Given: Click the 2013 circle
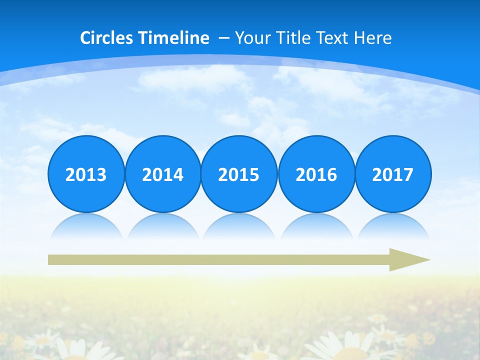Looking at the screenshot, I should pyautogui.click(x=86, y=174).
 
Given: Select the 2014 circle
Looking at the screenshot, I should pyautogui.click(x=163, y=174).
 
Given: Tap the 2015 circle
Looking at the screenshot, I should pyautogui.click(x=239, y=174).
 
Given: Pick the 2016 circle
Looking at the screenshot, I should pyautogui.click(x=316, y=174).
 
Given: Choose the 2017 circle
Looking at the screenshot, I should pyautogui.click(x=393, y=174).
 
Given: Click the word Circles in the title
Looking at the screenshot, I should pyautogui.click(x=107, y=38).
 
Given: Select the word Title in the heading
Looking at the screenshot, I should pyautogui.click(x=289, y=38).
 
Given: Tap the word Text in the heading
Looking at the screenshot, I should pyautogui.click(x=332, y=38).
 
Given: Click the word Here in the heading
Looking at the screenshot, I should pyautogui.click(x=373, y=38).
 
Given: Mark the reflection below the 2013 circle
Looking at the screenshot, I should pyautogui.click(x=86, y=226).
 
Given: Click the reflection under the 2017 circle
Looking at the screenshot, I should pyautogui.click(x=393, y=226).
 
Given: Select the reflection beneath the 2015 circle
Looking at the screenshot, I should pyautogui.click(x=239, y=226).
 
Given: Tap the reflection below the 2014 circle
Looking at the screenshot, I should pyautogui.click(x=163, y=226).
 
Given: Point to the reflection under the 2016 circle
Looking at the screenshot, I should pyautogui.click(x=316, y=226).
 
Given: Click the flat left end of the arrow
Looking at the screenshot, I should pyautogui.click(x=50, y=259).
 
